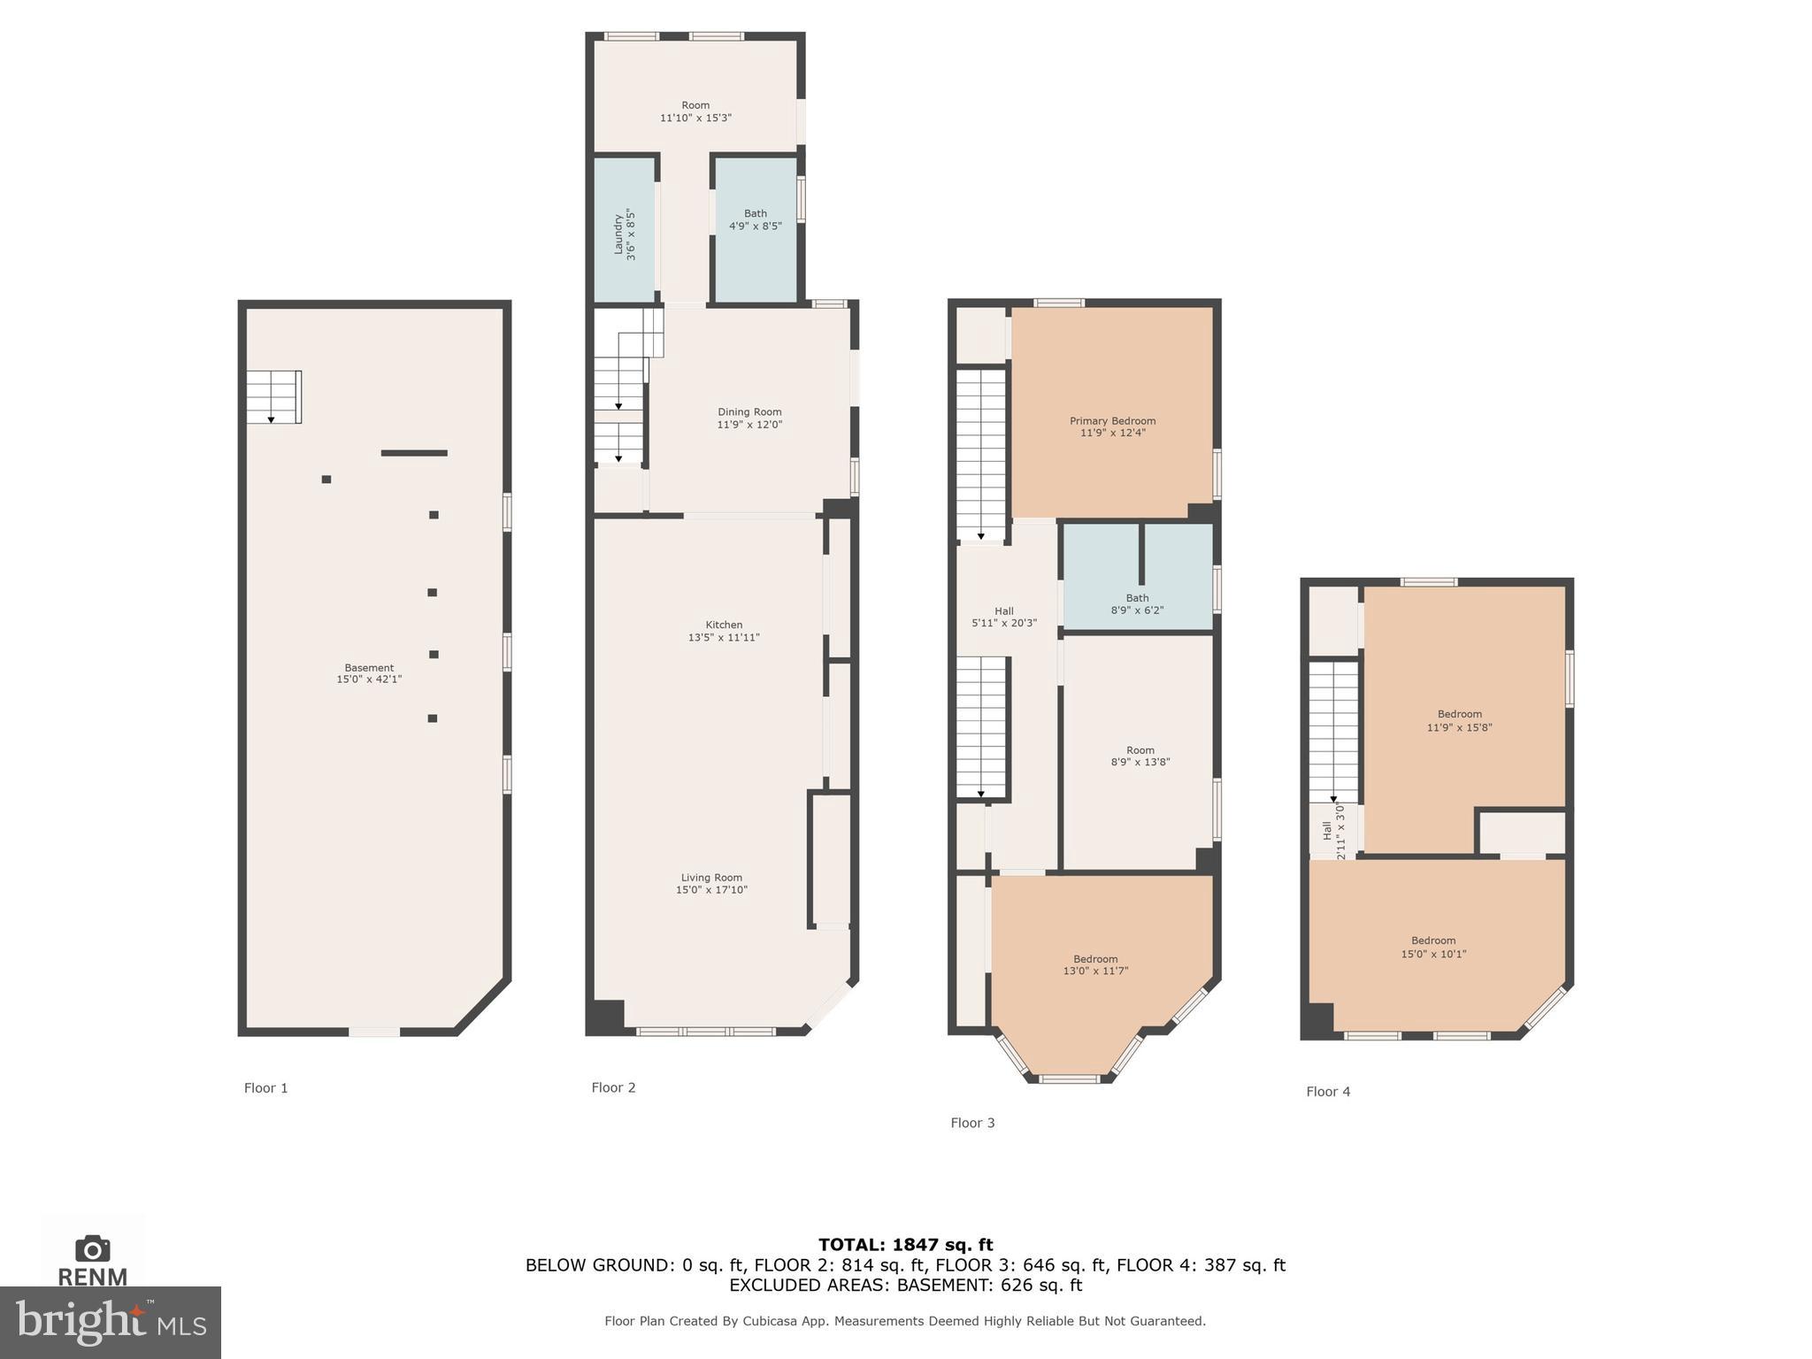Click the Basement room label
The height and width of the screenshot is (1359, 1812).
[x=369, y=668]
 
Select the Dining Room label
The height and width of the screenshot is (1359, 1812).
[x=749, y=412]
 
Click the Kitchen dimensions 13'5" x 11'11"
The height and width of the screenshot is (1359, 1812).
[x=724, y=638]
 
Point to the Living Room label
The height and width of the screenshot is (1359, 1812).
[x=711, y=878]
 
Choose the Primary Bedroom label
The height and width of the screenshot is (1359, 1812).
[x=1112, y=421]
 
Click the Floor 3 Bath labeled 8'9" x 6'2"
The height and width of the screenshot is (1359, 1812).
[x=1137, y=604]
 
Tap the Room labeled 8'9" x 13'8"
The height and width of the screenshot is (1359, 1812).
[x=1140, y=756]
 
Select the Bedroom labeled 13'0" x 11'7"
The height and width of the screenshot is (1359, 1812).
[x=1095, y=964]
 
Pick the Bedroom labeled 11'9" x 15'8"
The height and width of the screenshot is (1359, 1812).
[x=1459, y=720]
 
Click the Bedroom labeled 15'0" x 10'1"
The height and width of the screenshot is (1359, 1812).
[x=1433, y=947]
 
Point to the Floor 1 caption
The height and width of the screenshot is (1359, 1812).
[x=265, y=1088]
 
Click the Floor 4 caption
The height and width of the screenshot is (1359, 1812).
[x=1328, y=1092]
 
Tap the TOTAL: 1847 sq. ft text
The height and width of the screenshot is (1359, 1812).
[x=905, y=1245]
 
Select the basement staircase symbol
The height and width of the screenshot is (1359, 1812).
[x=273, y=396]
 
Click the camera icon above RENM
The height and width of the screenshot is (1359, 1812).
[x=92, y=1248]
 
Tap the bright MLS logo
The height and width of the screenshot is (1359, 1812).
[x=110, y=1322]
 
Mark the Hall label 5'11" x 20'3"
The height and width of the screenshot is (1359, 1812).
[x=1003, y=617]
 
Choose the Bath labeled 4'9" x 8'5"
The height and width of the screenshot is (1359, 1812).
[x=755, y=219]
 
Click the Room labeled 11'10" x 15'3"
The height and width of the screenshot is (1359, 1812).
[x=695, y=111]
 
